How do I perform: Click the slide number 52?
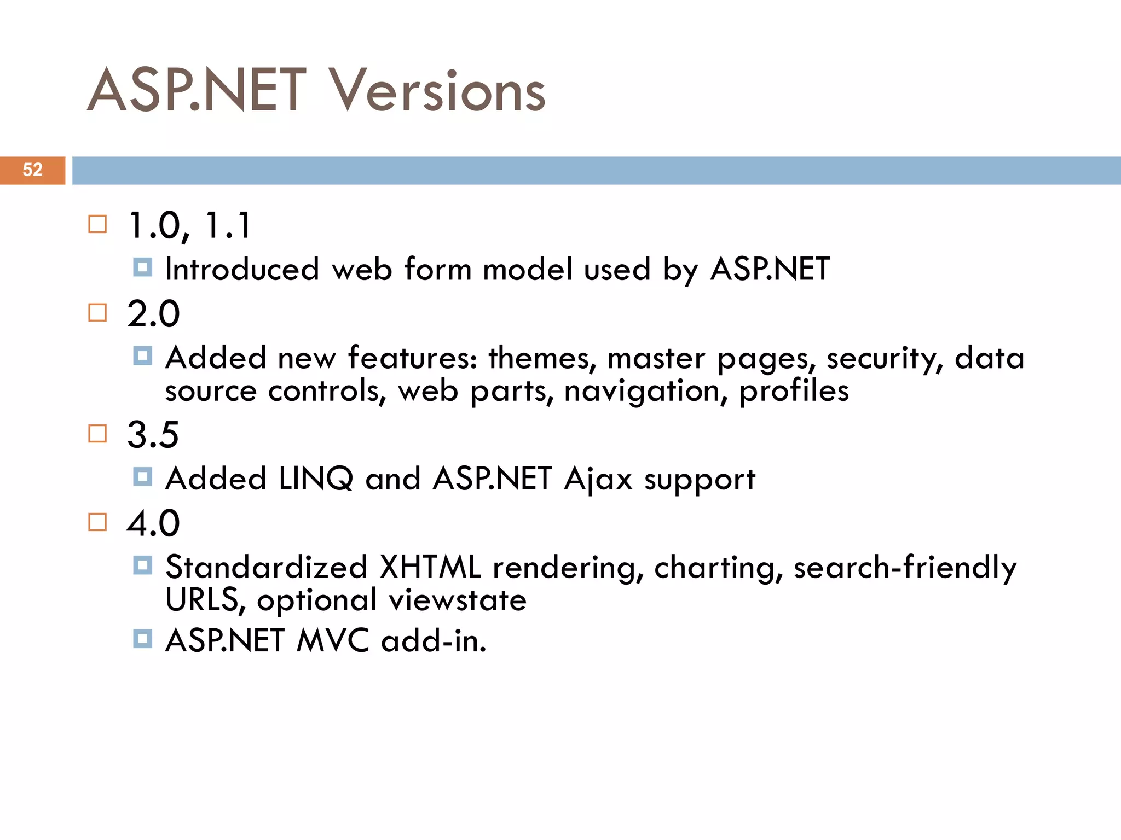(32, 170)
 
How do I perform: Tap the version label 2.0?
(153, 314)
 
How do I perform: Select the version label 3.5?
(153, 435)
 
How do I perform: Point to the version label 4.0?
(153, 523)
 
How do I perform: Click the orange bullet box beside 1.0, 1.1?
(97, 224)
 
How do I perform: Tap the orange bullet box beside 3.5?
(97, 434)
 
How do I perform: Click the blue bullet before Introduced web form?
(142, 267)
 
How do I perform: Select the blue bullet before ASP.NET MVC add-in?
(142, 638)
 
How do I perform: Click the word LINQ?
(316, 479)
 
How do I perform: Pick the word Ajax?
(598, 480)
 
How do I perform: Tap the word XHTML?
(430, 567)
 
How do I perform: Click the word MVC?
(333, 640)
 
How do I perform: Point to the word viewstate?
(458, 600)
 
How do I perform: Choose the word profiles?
(794, 392)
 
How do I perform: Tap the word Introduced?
(242, 270)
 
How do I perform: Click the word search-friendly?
(905, 567)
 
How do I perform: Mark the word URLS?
(201, 600)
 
